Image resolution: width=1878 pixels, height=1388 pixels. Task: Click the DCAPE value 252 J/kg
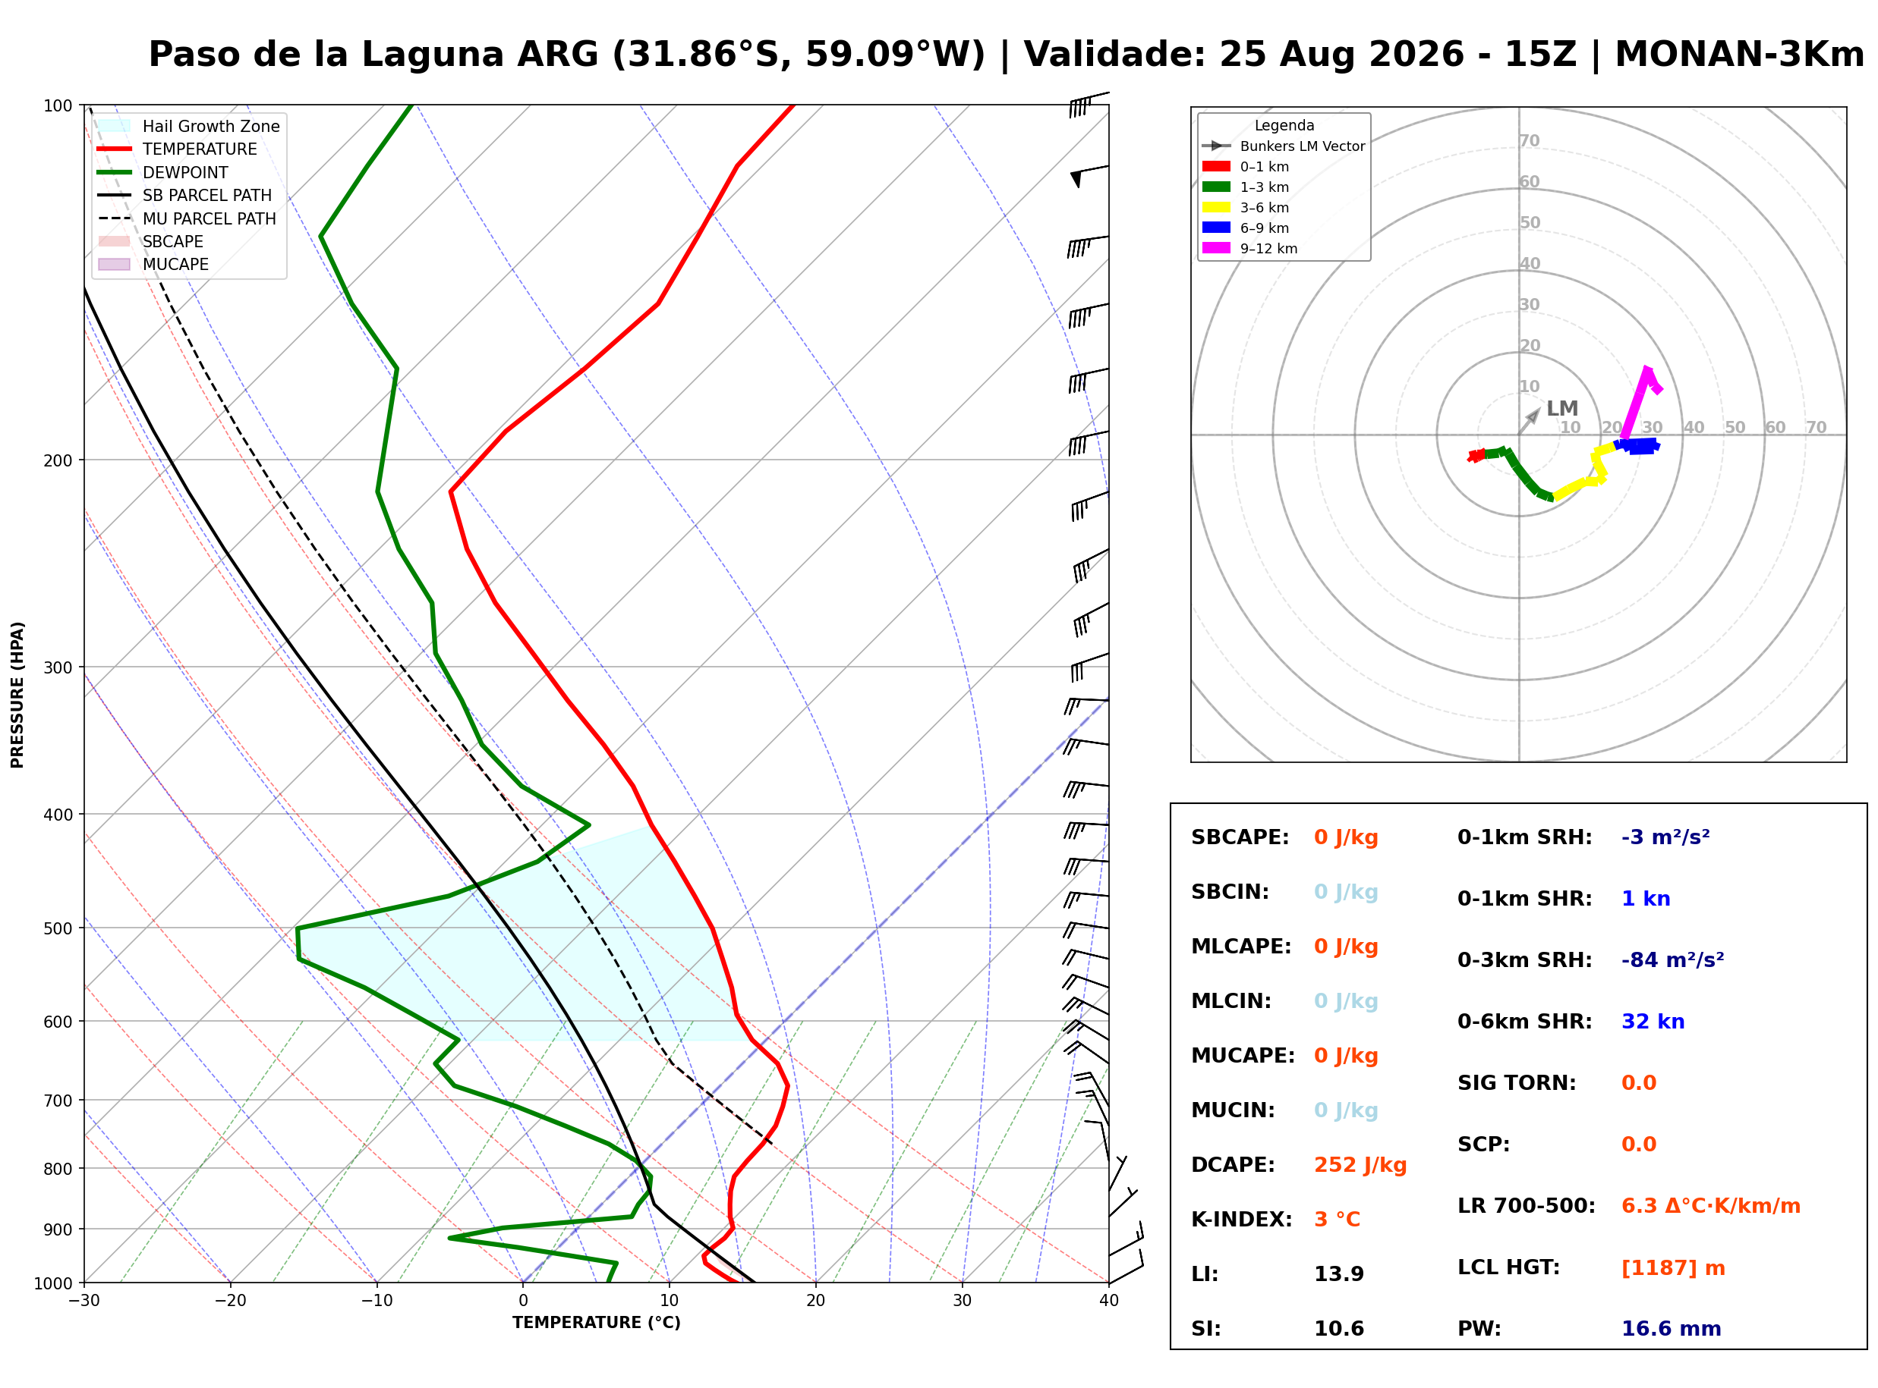[x=1360, y=1164]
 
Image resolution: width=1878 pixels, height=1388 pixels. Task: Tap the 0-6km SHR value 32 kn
[x=1653, y=1021]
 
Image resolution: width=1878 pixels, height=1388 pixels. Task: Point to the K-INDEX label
[x=1241, y=1219]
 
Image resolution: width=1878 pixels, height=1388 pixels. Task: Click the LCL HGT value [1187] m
[x=1673, y=1268]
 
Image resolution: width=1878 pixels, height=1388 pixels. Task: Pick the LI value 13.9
[x=1338, y=1273]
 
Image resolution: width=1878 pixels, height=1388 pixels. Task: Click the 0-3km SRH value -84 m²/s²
[x=1672, y=959]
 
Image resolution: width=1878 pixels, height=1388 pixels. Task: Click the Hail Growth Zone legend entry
[x=187, y=126]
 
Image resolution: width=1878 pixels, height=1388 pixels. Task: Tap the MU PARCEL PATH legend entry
[x=187, y=218]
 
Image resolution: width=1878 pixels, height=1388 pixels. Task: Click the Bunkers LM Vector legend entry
[x=1283, y=146]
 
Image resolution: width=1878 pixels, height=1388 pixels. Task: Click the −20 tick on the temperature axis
[x=229, y=1300]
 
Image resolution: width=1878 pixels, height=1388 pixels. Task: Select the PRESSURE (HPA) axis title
[x=17, y=694]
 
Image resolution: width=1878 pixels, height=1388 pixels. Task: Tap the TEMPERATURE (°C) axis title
[x=596, y=1323]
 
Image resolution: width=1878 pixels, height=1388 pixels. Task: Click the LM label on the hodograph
[x=1562, y=408]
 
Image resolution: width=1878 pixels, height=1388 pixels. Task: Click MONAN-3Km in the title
[x=1739, y=55]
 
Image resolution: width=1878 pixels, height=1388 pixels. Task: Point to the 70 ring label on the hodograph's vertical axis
[x=1529, y=140]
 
